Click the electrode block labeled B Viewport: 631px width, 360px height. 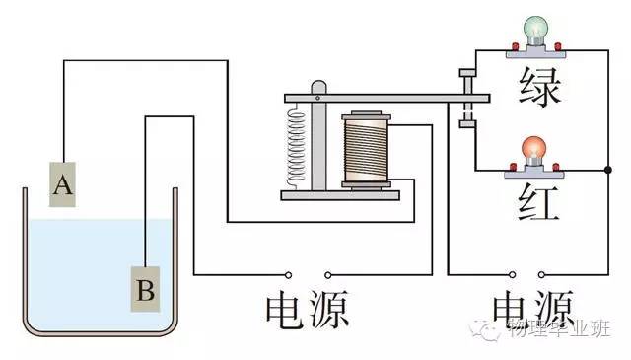(x=145, y=289)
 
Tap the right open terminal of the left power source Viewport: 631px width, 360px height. (x=327, y=273)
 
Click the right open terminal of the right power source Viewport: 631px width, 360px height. (x=539, y=273)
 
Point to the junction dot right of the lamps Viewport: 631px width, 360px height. (x=605, y=171)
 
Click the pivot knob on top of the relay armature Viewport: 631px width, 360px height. (x=317, y=88)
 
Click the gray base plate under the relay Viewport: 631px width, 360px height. (x=344, y=194)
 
